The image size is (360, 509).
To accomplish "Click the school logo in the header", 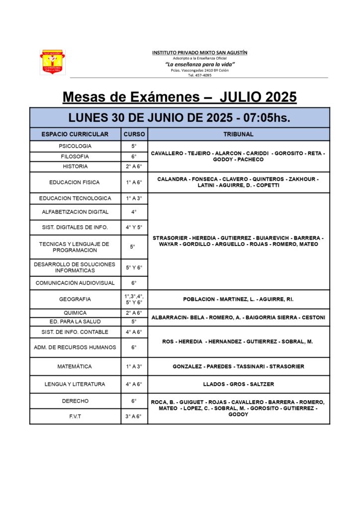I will click(52, 62).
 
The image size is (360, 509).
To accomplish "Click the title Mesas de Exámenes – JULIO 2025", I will click(180, 96).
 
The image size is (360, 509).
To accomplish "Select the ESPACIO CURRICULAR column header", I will click(75, 134).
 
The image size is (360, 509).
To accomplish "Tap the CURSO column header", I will click(134, 134).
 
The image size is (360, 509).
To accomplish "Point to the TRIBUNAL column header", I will click(239, 134).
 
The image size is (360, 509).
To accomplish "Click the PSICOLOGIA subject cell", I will click(75, 146).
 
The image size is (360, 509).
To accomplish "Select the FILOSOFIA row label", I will click(75, 156).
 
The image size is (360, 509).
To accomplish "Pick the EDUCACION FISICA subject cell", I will click(75, 182).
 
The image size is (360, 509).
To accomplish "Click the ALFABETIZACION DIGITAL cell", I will click(75, 212).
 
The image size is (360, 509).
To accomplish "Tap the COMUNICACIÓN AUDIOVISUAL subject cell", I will click(75, 283).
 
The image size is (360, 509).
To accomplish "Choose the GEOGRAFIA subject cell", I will click(75, 299).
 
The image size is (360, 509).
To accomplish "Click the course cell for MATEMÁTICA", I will click(134, 366).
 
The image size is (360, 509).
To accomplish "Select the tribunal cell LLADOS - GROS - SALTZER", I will click(239, 384).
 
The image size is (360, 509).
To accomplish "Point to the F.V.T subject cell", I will click(75, 416).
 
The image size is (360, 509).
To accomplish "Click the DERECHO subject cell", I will click(75, 401).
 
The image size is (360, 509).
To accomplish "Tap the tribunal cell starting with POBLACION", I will click(239, 299).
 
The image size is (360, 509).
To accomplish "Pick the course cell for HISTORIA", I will click(134, 166).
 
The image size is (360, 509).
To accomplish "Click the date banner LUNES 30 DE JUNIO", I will click(180, 118).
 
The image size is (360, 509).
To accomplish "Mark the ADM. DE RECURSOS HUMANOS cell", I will click(75, 347).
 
